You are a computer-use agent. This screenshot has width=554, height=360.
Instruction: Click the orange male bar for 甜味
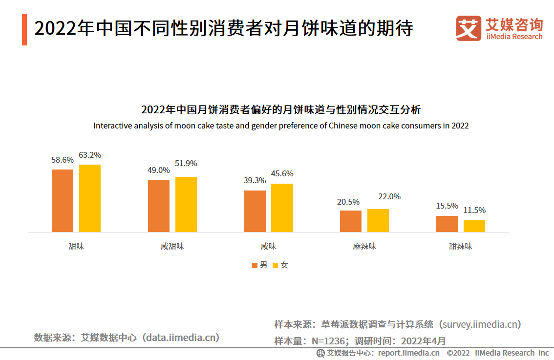(63, 201)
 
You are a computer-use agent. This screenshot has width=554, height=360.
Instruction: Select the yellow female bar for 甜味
(90, 198)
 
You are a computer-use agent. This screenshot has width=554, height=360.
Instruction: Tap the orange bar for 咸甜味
(159, 206)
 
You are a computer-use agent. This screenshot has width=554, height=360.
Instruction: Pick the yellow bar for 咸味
(282, 208)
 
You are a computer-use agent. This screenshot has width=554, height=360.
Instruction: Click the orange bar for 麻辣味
(351, 221)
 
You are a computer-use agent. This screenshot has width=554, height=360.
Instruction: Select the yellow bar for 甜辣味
(474, 226)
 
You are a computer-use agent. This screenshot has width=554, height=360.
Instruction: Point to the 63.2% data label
(90, 155)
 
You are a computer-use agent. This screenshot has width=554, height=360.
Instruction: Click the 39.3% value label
(255, 181)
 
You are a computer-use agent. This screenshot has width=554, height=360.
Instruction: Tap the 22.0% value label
(389, 197)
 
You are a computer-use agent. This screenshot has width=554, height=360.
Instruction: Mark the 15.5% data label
(447, 206)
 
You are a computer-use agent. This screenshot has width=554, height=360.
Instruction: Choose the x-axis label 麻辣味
(364, 247)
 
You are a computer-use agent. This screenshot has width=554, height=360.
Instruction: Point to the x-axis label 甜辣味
(461, 247)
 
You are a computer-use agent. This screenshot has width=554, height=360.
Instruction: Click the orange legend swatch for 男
(255, 265)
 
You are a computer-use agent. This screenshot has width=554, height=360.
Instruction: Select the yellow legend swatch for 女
(275, 265)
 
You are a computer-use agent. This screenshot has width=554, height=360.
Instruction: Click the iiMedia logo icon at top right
(468, 28)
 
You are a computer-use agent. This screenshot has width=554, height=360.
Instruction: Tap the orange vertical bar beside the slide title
(24, 29)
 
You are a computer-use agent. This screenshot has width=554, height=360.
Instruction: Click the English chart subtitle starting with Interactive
(281, 126)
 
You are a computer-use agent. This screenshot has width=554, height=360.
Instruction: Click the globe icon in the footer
(320, 353)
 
